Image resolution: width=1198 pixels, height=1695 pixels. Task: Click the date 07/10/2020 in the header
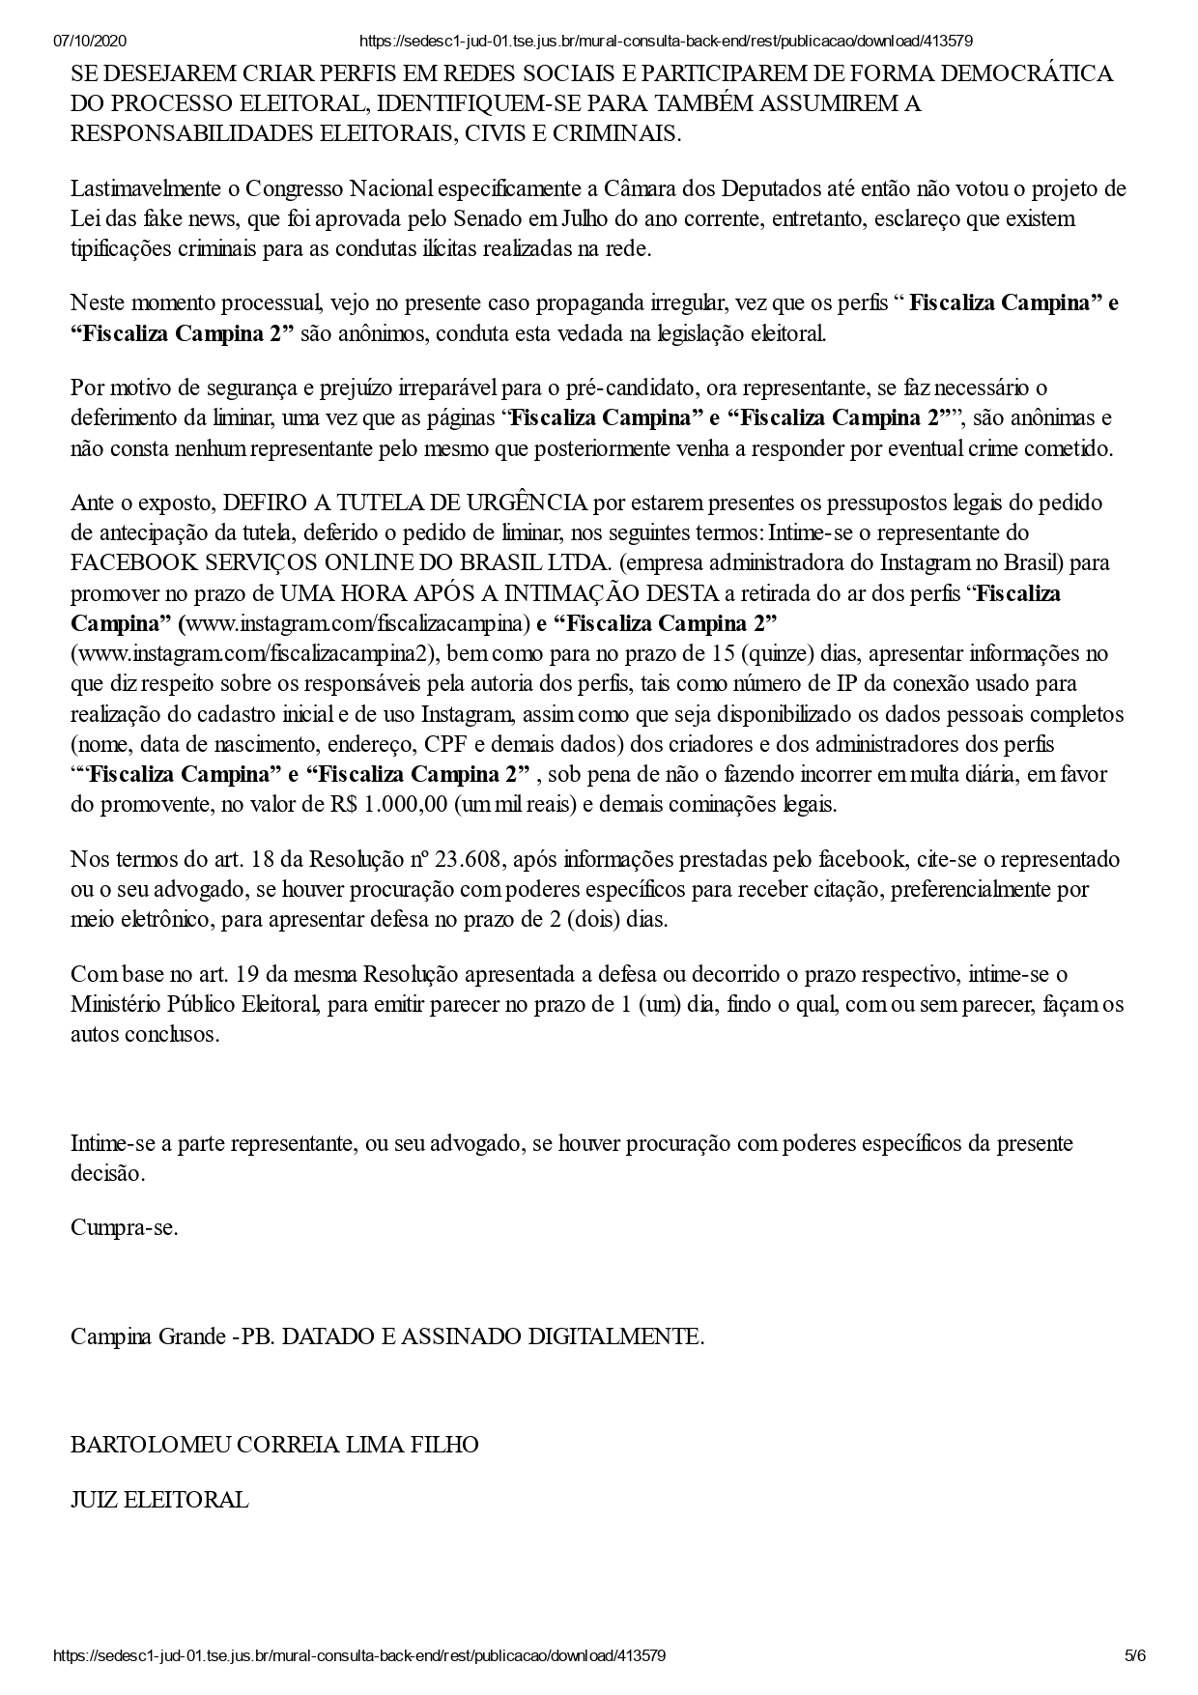coord(90,41)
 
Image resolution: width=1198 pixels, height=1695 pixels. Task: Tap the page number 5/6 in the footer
coord(1135,1655)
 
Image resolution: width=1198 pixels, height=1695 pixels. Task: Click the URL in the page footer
coord(358,1655)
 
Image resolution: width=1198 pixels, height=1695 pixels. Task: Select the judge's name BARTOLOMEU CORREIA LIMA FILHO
coord(274,1445)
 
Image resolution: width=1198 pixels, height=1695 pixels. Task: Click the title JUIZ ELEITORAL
coord(159,1500)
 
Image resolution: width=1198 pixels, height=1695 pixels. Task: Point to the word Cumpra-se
coord(125,1228)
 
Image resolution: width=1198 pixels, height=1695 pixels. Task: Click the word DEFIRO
coord(259,503)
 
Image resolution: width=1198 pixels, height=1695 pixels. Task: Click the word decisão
coord(107,1174)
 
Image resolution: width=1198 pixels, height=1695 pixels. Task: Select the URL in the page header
coord(665,41)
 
